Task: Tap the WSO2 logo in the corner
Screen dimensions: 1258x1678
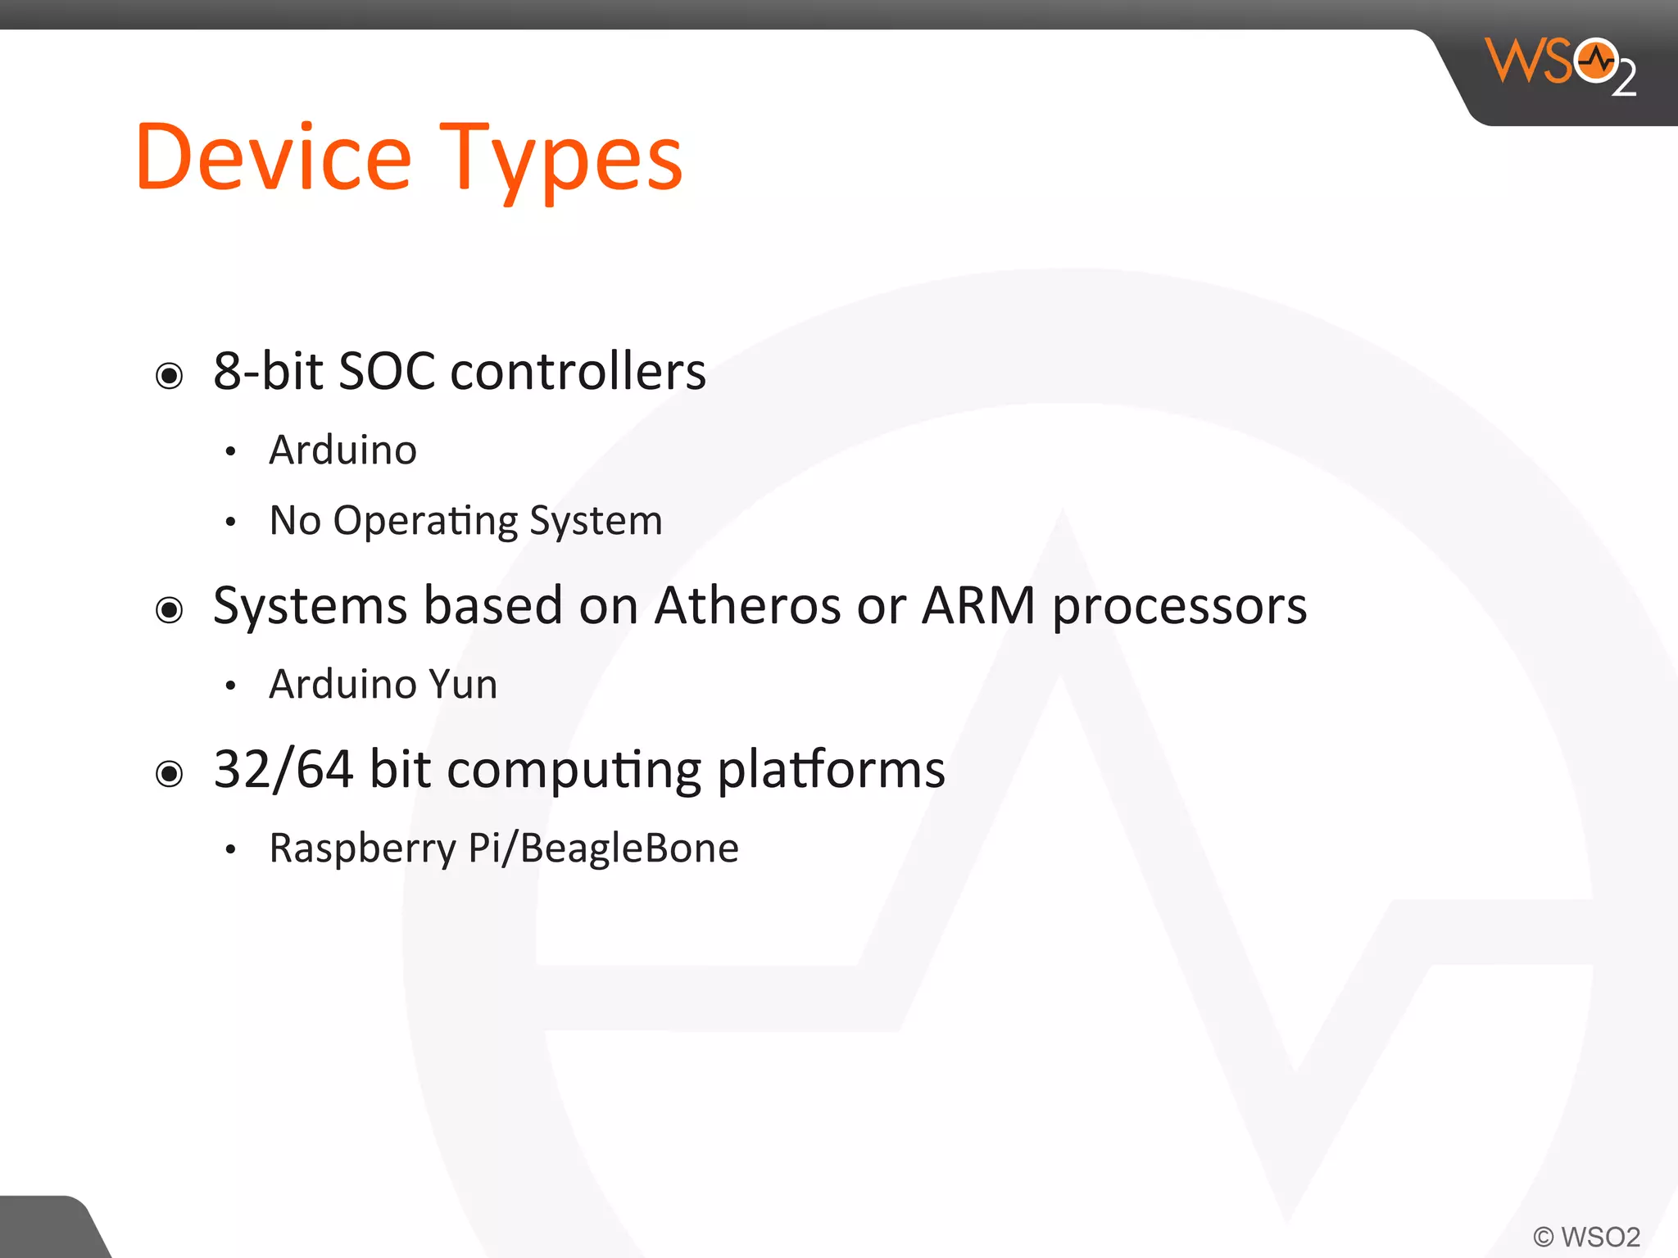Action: (x=1560, y=66)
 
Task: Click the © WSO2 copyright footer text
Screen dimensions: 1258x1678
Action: (x=1586, y=1236)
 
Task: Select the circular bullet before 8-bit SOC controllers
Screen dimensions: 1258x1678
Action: (x=170, y=376)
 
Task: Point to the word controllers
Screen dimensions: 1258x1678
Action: (x=578, y=371)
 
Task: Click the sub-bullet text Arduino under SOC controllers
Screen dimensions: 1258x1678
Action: (x=342, y=450)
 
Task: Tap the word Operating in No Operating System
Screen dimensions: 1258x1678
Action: (x=425, y=521)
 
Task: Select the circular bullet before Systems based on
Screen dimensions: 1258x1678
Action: (x=170, y=610)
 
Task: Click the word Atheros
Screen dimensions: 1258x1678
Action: (x=747, y=605)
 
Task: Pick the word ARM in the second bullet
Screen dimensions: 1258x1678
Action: (x=978, y=605)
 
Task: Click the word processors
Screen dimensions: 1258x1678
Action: (x=1179, y=608)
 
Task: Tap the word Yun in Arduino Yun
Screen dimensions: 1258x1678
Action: (x=463, y=684)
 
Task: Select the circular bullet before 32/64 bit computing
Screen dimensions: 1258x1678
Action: (x=170, y=773)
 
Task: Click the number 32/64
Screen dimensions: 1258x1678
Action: (x=283, y=769)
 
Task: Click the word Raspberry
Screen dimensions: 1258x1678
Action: (x=362, y=848)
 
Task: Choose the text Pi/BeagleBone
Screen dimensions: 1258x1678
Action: (x=603, y=848)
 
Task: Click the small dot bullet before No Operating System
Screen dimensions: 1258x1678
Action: (x=231, y=522)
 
